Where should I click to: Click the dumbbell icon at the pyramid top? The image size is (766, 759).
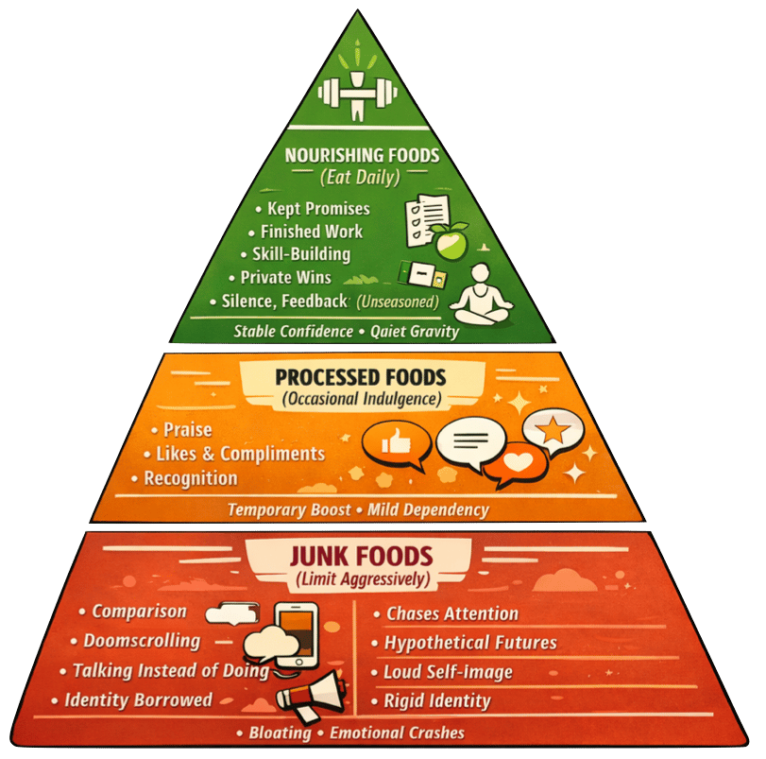coord(356,93)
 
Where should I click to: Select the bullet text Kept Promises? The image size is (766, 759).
coord(317,207)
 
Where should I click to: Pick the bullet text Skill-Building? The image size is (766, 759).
coord(301,254)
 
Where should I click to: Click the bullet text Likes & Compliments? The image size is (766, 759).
coord(239,455)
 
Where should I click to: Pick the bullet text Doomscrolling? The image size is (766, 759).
coord(142,641)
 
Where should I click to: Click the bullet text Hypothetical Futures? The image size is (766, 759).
coord(470,644)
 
